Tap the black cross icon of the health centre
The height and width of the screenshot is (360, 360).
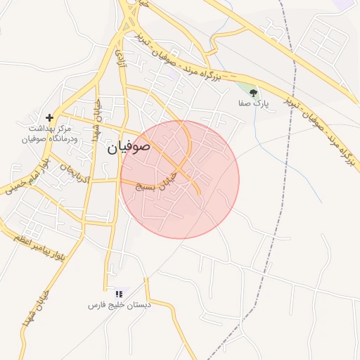pos(49,117)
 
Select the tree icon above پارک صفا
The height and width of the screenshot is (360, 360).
pos(253,92)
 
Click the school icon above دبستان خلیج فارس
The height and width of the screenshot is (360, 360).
pos(119,293)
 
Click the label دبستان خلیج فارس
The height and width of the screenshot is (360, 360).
pos(117,305)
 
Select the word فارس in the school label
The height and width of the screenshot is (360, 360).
pos(96,305)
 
